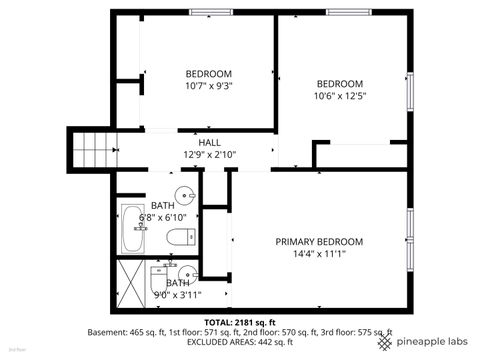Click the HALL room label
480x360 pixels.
(209, 143)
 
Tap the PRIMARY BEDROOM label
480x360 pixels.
(319, 241)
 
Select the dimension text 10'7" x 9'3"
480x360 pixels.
(209, 87)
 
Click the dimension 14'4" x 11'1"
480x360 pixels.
(319, 254)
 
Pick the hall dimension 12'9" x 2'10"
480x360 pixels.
(209, 155)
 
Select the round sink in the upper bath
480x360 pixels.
(185, 195)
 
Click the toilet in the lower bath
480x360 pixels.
(160, 279)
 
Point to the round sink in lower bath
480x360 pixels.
(186, 277)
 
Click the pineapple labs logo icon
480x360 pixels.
(385, 342)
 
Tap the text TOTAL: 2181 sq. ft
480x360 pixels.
(239, 321)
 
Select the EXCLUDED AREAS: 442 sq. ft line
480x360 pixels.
(239, 343)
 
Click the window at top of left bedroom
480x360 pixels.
(206, 12)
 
